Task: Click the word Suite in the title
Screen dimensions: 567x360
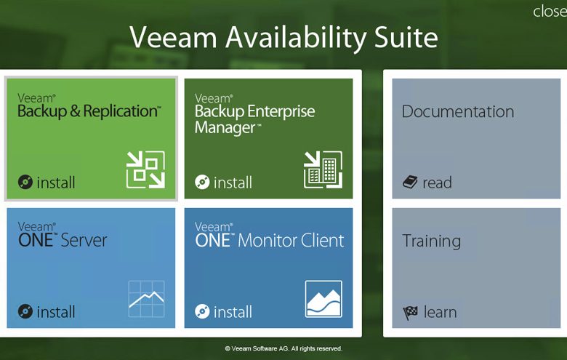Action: pos(406,37)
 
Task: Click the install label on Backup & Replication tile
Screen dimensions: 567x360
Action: pos(56,183)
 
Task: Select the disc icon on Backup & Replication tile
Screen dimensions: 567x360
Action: pos(25,182)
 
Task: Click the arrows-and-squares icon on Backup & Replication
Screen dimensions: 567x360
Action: pos(145,169)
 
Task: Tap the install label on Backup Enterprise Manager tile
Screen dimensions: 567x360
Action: pos(233,183)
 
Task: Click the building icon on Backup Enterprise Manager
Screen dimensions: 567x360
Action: pos(323,169)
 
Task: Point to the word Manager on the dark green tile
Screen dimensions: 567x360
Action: pos(225,128)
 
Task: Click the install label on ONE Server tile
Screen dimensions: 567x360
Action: pos(56,312)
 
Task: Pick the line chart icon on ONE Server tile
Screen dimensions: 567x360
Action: pos(146,299)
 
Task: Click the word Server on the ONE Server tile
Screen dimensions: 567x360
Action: pos(84,240)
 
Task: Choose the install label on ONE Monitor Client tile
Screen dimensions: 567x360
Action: pos(233,312)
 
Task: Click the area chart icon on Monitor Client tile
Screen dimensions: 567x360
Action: pos(323,299)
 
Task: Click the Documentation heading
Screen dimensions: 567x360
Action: pos(458,111)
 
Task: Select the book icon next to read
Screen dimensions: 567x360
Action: pos(410,182)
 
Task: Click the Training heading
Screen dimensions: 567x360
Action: pos(431,241)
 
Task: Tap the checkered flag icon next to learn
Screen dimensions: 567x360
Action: pos(411,313)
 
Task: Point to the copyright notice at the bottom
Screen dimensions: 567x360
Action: pos(283,348)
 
